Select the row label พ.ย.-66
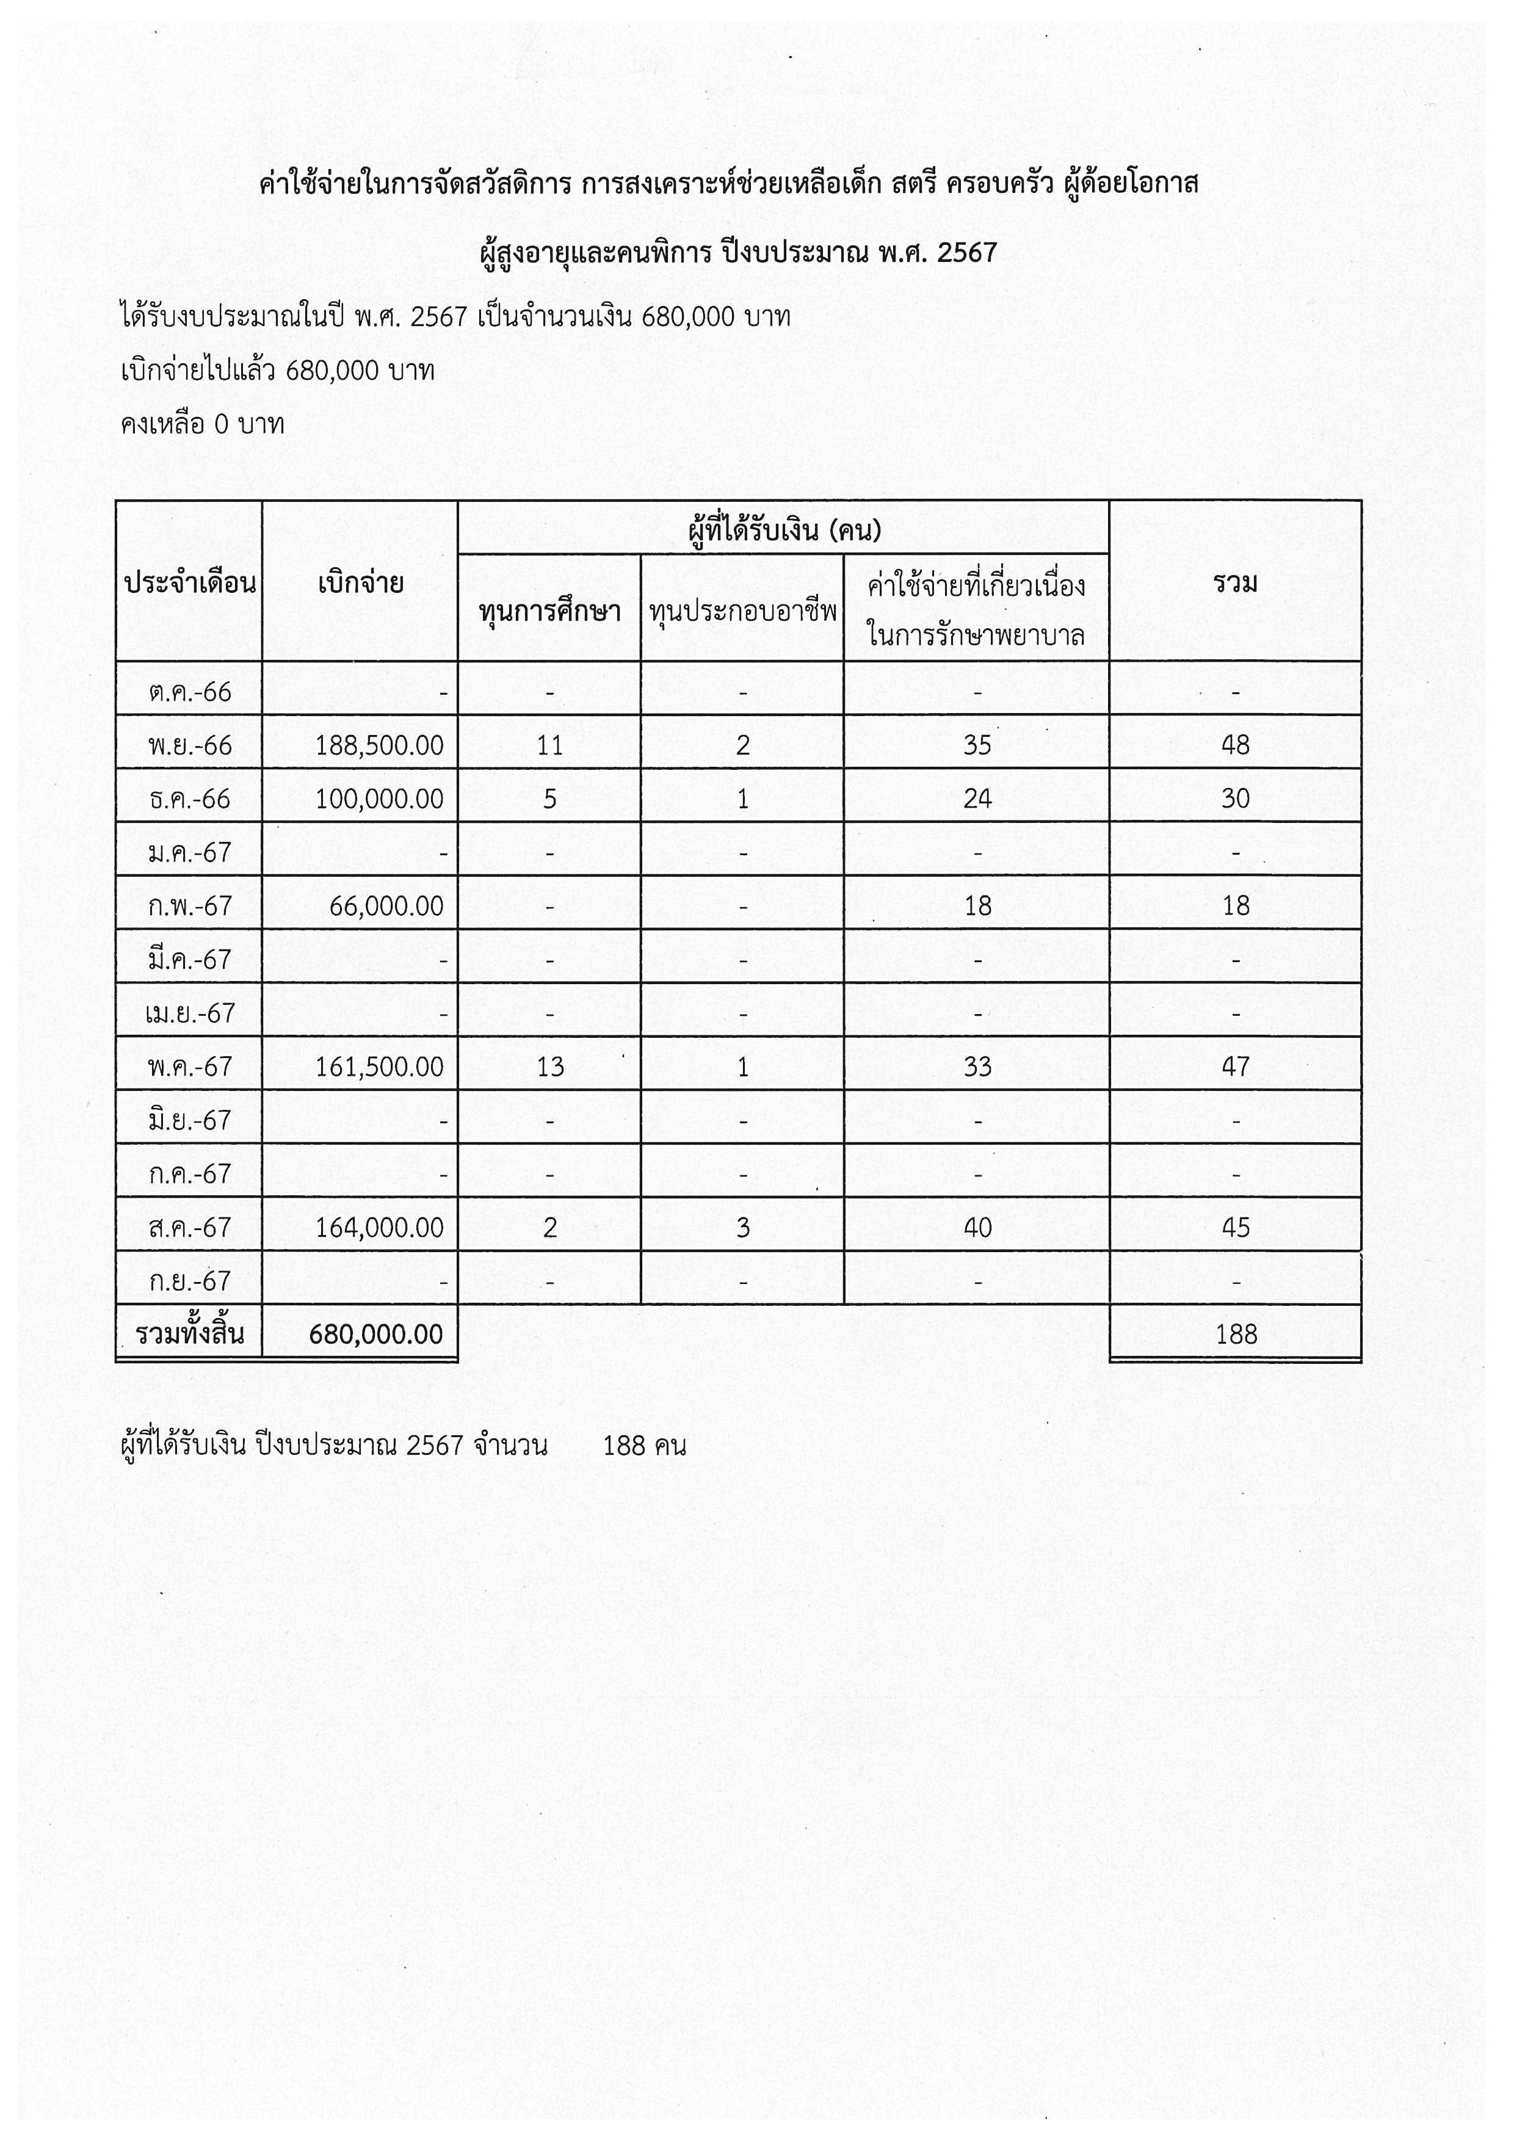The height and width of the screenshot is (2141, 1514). pos(189,745)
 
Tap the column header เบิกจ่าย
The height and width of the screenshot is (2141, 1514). pos(360,584)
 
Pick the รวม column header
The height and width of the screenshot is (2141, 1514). pos(1235,584)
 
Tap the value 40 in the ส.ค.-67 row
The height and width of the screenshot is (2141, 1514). pos(977,1227)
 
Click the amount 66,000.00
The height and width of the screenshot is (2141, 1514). pos(386,905)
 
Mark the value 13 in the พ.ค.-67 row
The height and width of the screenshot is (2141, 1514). pos(550,1067)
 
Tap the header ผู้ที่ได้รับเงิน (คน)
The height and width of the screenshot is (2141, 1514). pos(784,531)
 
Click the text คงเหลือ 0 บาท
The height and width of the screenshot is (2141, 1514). pos(202,424)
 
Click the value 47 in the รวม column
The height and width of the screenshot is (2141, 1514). pos(1235,1067)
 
